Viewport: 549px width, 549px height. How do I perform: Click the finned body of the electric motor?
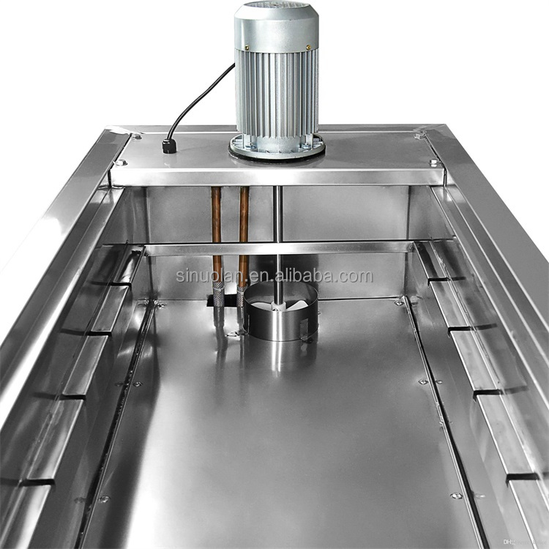(x=277, y=95)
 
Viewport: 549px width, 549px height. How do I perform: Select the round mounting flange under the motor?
(x=277, y=147)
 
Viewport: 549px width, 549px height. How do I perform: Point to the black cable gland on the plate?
(x=170, y=145)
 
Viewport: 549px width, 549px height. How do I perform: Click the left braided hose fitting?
(x=219, y=296)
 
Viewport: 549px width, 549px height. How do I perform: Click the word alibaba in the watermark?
(x=319, y=277)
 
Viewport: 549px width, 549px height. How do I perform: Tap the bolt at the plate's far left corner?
(x=136, y=136)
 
